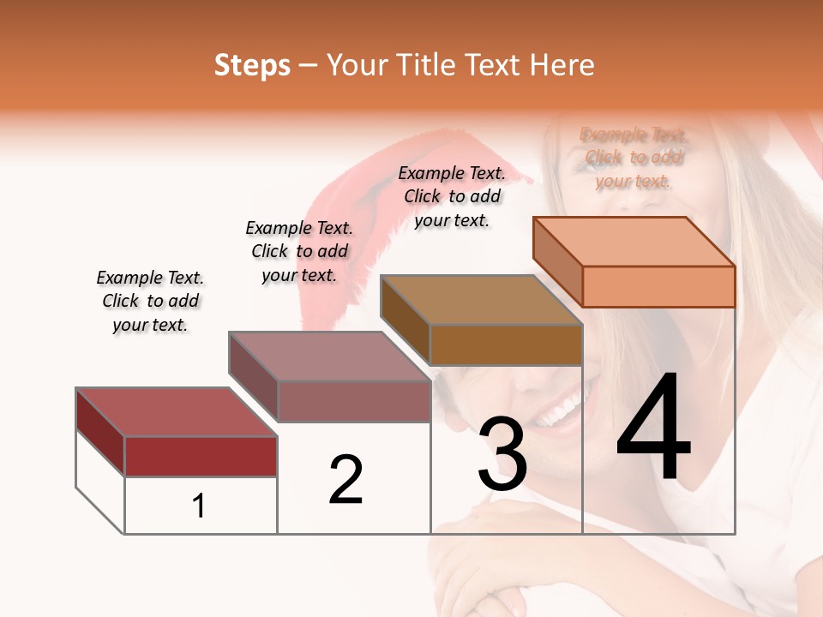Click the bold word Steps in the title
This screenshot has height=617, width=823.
pyautogui.click(x=252, y=65)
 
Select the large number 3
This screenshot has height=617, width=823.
pyautogui.click(x=502, y=454)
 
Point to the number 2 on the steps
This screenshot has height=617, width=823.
pyautogui.click(x=346, y=480)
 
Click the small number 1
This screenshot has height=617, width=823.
pyautogui.click(x=199, y=506)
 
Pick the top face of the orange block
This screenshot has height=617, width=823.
pyautogui.click(x=634, y=242)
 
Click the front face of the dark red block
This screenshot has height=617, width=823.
pyautogui.click(x=201, y=456)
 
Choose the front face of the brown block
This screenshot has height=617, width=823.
pyautogui.click(x=506, y=344)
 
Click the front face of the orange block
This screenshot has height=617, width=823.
pyautogui.click(x=658, y=286)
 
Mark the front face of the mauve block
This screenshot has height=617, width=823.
pyautogui.click(x=353, y=401)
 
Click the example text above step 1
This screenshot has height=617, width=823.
pyautogui.click(x=150, y=301)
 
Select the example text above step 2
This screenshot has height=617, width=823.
pyautogui.click(x=299, y=251)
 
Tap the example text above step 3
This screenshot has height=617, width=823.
pyautogui.click(x=452, y=196)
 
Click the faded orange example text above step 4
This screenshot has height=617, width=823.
pyautogui.click(x=634, y=158)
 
